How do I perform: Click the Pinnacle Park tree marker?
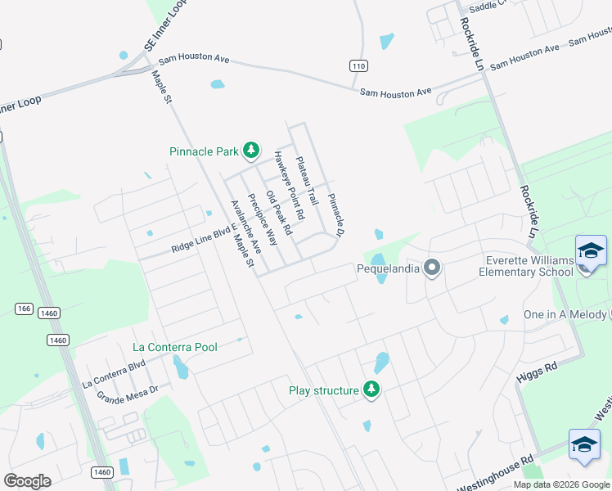251,150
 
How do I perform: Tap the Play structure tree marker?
371,390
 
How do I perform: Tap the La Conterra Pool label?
175,347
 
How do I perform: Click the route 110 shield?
358,65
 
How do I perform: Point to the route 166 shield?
23,309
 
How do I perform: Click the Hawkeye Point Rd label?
289,186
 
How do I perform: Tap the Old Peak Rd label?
279,214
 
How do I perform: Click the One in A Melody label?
565,316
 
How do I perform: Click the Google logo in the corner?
27,481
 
